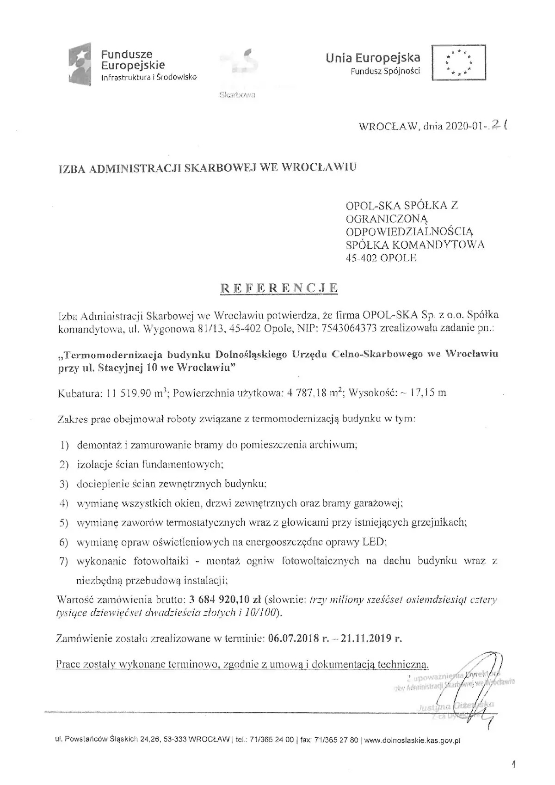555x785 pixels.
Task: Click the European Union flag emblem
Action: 458,62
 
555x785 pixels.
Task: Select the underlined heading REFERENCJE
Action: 279,288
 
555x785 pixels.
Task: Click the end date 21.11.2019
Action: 365,638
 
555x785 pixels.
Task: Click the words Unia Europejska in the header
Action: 373,58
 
